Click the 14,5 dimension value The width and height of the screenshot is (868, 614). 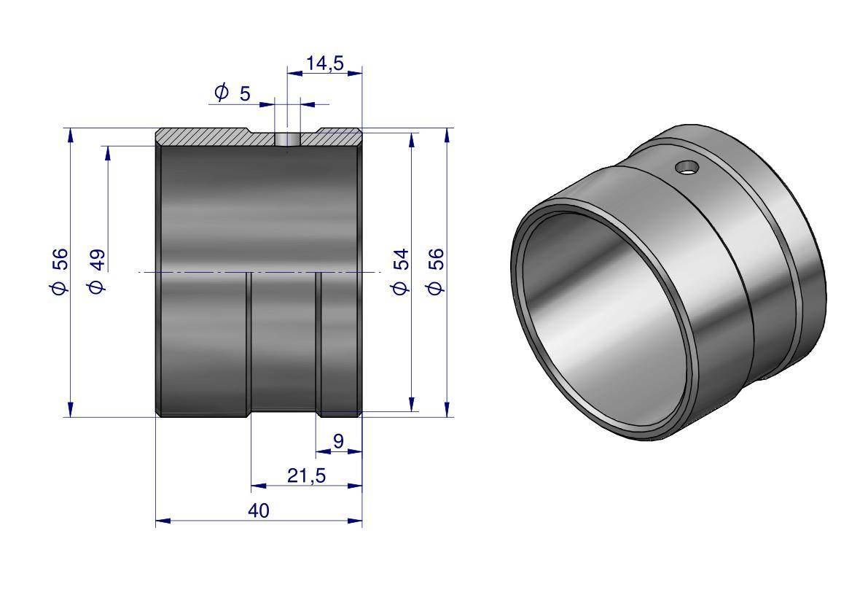[325, 63]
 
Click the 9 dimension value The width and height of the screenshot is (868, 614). [338, 441]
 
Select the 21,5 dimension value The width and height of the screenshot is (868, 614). [307, 475]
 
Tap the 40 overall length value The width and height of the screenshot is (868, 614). [259, 510]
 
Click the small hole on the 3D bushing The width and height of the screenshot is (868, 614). [687, 167]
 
